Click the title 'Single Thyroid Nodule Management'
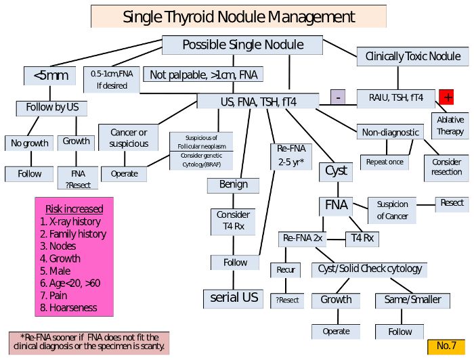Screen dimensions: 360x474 pyautogui.click(x=238, y=16)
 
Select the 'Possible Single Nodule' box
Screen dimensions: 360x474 pyautogui.click(x=242, y=45)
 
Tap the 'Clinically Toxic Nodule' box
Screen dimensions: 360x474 pyautogui.click(x=412, y=58)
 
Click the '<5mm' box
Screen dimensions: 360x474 pyautogui.click(x=50, y=75)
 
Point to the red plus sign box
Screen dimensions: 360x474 pyautogui.click(x=447, y=97)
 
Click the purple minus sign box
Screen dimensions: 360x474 pyautogui.click(x=337, y=97)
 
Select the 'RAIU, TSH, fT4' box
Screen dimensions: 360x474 pyautogui.click(x=396, y=97)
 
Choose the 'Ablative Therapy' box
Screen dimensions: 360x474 pyautogui.click(x=450, y=126)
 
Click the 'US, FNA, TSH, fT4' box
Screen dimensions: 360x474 pyautogui.click(x=258, y=102)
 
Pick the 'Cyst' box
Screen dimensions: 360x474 pyautogui.click(x=336, y=171)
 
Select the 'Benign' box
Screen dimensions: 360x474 pyautogui.click(x=233, y=184)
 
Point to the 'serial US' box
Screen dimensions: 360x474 pyautogui.click(x=234, y=298)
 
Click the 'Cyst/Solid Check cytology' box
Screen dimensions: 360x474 pyautogui.click(x=370, y=269)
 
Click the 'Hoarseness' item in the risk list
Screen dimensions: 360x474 pyautogui.click(x=73, y=307)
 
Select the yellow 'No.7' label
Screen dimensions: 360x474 pyautogui.click(x=446, y=346)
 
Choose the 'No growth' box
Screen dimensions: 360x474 pyautogui.click(x=29, y=143)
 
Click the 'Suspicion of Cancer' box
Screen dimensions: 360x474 pyautogui.click(x=392, y=210)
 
